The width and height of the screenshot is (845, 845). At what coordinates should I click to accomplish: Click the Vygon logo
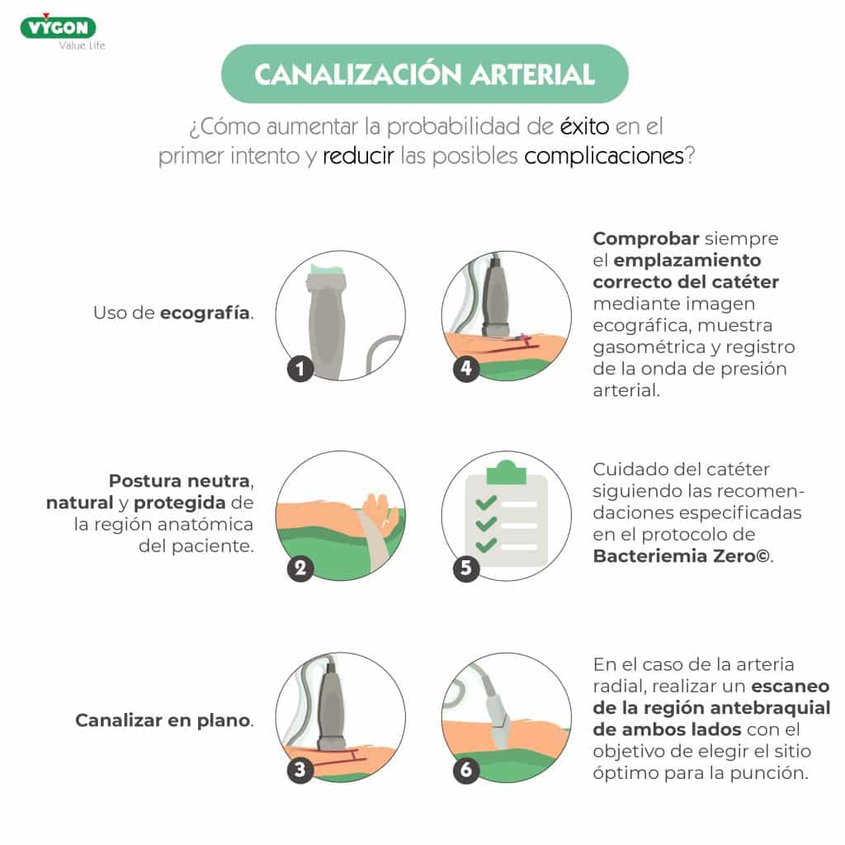tap(59, 27)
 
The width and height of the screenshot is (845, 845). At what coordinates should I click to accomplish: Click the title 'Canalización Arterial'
tap(425, 74)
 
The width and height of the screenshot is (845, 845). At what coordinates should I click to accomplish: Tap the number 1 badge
tap(300, 369)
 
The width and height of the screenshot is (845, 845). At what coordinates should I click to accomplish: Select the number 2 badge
tap(300, 568)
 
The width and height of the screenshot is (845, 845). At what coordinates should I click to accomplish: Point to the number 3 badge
tap(300, 769)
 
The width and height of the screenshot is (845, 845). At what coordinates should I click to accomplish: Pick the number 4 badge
tap(466, 369)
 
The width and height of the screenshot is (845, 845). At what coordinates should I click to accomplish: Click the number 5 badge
tap(466, 568)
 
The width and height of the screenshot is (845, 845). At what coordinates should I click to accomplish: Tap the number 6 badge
tap(466, 769)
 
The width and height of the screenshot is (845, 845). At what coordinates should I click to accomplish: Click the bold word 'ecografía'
tap(205, 313)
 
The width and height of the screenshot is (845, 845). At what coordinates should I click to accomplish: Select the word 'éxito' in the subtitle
tap(585, 126)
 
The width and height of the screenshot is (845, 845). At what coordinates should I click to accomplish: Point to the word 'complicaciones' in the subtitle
tap(603, 156)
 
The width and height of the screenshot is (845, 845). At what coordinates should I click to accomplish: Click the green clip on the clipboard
tap(506, 473)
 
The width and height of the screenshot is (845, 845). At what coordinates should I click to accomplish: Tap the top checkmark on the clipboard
tap(486, 503)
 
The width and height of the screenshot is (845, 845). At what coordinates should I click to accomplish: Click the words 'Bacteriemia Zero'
tap(674, 556)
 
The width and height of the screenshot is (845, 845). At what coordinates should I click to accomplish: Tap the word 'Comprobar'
tap(646, 238)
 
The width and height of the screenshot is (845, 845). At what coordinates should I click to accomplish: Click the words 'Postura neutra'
tap(179, 481)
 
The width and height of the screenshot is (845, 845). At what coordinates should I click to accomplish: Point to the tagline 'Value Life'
tap(82, 46)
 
